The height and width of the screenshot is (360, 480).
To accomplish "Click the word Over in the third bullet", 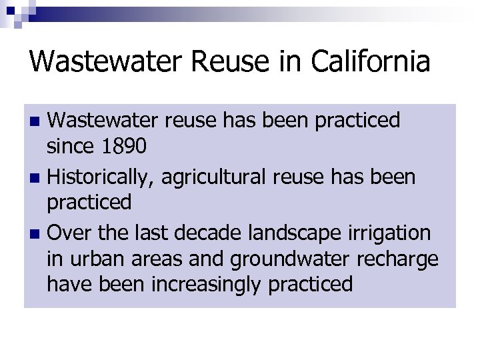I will tap(69, 233).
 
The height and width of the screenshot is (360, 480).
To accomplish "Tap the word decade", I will tap(197, 233).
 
